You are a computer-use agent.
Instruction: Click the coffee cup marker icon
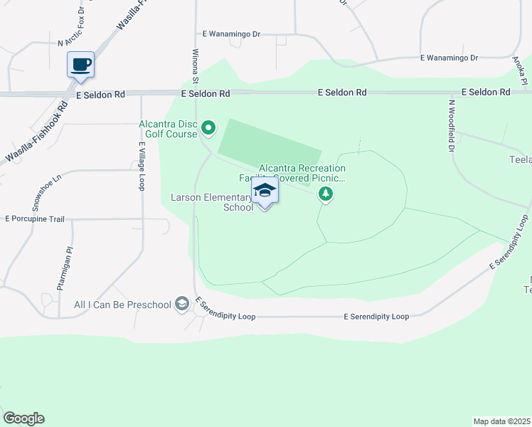(80, 65)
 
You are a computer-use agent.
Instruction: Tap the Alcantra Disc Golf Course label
(169, 128)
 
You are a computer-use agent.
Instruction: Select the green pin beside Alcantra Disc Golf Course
(208, 128)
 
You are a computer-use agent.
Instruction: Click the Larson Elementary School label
(212, 202)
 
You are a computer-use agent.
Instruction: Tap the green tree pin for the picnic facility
(326, 193)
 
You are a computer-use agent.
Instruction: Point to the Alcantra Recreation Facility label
(302, 173)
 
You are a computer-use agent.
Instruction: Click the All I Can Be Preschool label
(122, 305)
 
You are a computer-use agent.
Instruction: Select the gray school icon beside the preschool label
(182, 305)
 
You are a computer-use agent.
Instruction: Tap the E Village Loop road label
(142, 166)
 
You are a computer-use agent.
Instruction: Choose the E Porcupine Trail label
(36, 218)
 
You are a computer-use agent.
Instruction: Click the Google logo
(23, 418)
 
